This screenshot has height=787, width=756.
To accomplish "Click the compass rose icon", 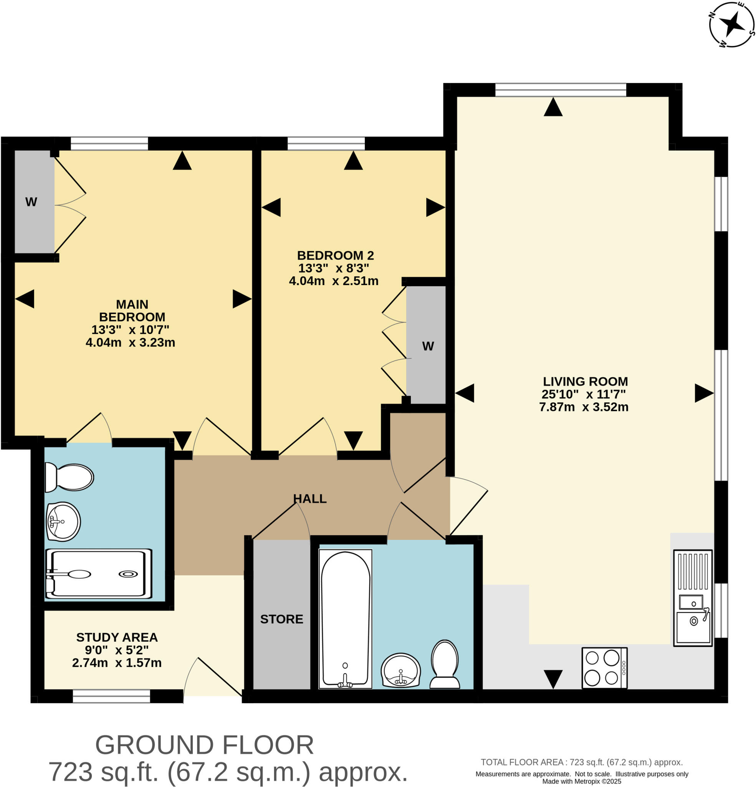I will coord(731,25).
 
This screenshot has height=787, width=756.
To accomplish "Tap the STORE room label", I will coord(281,619).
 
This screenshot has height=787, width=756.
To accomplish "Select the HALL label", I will coord(309,498).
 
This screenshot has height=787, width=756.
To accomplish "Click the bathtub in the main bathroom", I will coord(345,619).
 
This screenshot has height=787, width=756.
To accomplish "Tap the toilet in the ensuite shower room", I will coord(69,477).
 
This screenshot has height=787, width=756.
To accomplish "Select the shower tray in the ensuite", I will coord(99,574).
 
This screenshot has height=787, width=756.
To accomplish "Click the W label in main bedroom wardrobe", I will coord(31,202).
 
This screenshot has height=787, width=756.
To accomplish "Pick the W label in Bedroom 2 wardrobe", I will coord(428,346).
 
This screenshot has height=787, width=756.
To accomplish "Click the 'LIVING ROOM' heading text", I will coord(585,382).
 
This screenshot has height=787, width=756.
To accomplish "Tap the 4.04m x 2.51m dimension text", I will coord(333,281).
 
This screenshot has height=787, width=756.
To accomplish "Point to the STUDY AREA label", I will coord(117,637).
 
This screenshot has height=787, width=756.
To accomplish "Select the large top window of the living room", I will coord(560,90).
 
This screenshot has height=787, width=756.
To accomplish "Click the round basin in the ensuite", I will coord(63,521).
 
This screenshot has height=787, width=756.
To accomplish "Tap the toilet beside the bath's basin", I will coord(445,664).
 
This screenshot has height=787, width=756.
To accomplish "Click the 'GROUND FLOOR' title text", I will coord(204,745).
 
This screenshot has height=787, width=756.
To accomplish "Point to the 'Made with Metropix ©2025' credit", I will coord(581,781).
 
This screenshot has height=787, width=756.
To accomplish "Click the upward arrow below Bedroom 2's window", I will coord(353,160).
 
